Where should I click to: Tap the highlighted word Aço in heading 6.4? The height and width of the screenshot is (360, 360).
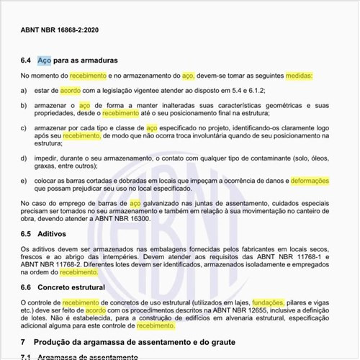(x=44, y=60)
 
